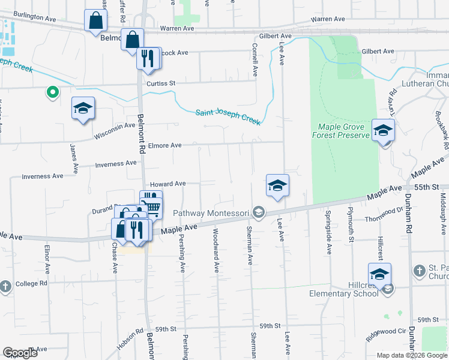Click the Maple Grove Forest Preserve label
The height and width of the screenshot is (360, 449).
pyautogui.click(x=340, y=131)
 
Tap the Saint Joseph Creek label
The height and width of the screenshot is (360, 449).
pyautogui.click(x=228, y=116)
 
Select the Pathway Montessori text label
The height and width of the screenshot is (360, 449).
pyautogui.click(x=209, y=212)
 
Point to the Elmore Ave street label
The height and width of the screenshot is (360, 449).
pyautogui.click(x=165, y=145)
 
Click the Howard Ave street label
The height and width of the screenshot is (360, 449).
pyautogui.click(x=167, y=184)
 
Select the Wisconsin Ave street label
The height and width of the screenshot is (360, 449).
pyautogui.click(x=114, y=131)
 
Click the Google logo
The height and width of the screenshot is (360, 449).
pyautogui.click(x=19, y=353)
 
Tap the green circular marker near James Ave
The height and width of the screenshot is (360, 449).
pyautogui.click(x=52, y=92)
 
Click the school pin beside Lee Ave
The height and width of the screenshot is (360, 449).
pyautogui.click(x=277, y=185)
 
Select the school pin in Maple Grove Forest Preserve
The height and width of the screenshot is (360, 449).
pyautogui.click(x=383, y=130)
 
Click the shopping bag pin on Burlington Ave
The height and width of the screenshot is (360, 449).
pyautogui.click(x=96, y=21)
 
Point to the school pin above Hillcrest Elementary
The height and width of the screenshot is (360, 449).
pyautogui.click(x=379, y=274)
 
